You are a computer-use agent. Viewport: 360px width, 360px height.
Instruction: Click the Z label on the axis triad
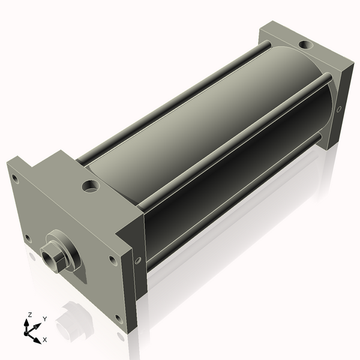click(x=30, y=315)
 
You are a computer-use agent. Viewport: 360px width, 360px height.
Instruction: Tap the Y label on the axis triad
click(x=45, y=319)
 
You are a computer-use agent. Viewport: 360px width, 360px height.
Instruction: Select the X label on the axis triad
click(x=45, y=340)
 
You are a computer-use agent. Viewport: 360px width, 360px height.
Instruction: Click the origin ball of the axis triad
click(x=26, y=334)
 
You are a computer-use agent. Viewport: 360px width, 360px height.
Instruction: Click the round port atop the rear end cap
click(x=306, y=44)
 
